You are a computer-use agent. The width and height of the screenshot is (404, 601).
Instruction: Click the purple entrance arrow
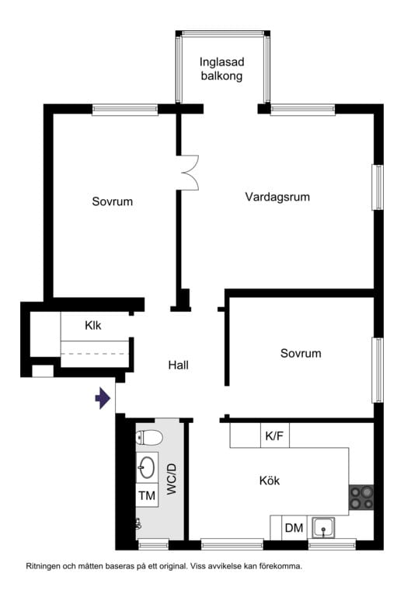pyautogui.click(x=102, y=400)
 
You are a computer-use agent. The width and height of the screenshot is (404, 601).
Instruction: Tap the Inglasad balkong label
pyautogui.click(x=221, y=69)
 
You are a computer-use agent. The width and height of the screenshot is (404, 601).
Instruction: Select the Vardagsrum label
pyautogui.click(x=277, y=197)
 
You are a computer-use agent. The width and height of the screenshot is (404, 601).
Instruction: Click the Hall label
pyautogui.click(x=179, y=365)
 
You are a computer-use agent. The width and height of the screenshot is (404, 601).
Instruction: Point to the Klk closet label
pyautogui.click(x=93, y=326)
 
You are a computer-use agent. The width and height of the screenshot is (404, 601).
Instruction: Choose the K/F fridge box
pyautogui.click(x=274, y=436)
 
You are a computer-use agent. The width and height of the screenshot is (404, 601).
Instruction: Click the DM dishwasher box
pyautogui.click(x=294, y=528)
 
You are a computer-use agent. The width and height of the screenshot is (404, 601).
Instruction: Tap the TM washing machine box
pyautogui.click(x=147, y=495)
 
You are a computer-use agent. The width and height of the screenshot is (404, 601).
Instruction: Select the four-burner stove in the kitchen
pyautogui.click(x=361, y=498)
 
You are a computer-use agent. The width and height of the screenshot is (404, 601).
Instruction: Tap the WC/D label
pyautogui.click(x=172, y=480)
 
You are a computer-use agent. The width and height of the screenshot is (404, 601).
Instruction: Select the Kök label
pyautogui.click(x=269, y=481)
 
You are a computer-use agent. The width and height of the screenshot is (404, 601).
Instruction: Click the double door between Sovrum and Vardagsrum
pyautogui.click(x=189, y=172)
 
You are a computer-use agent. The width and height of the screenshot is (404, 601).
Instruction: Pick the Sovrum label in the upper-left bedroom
pyautogui.click(x=113, y=202)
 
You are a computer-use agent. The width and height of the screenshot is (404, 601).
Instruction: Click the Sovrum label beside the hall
pyautogui.click(x=301, y=354)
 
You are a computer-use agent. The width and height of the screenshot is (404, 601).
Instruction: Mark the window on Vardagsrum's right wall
pyautogui.click(x=378, y=187)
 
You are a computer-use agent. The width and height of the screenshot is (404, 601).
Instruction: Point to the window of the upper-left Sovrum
pyautogui.click(x=125, y=110)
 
